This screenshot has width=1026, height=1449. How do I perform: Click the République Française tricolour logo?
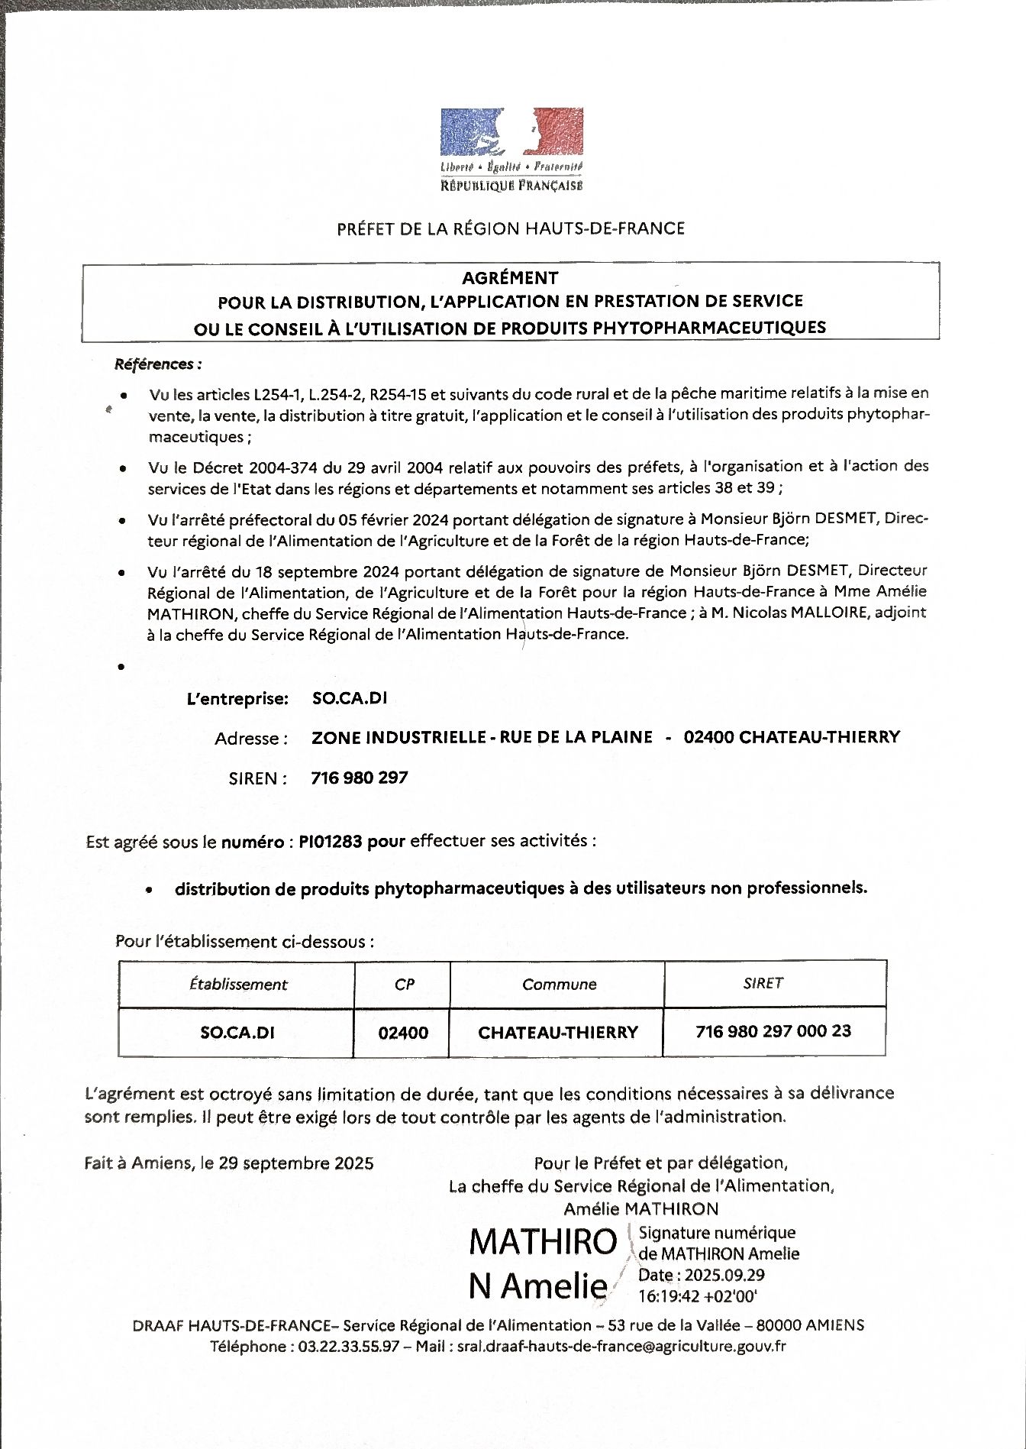click(x=511, y=134)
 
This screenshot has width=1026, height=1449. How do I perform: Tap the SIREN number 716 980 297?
click(x=360, y=778)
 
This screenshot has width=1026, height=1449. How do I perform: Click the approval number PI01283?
click(x=331, y=841)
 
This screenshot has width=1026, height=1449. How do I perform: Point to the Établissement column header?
click(x=238, y=984)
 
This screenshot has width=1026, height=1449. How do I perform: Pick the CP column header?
click(x=404, y=984)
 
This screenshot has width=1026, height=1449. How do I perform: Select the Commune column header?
click(x=559, y=984)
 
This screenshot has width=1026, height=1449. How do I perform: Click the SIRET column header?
click(x=763, y=983)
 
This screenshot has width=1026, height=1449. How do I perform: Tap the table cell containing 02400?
click(x=403, y=1033)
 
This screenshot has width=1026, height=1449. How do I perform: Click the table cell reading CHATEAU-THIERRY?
click(x=557, y=1033)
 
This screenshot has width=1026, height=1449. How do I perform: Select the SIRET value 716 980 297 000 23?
click(x=773, y=1031)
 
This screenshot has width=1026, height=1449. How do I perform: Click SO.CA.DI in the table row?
click(x=237, y=1033)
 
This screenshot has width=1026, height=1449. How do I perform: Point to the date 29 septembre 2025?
click(x=296, y=1163)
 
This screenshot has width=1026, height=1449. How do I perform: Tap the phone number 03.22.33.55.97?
click(x=345, y=1347)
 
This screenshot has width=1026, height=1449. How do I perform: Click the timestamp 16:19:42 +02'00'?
click(x=697, y=1296)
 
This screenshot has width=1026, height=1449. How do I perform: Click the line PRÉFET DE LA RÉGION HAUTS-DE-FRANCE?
click(x=511, y=228)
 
